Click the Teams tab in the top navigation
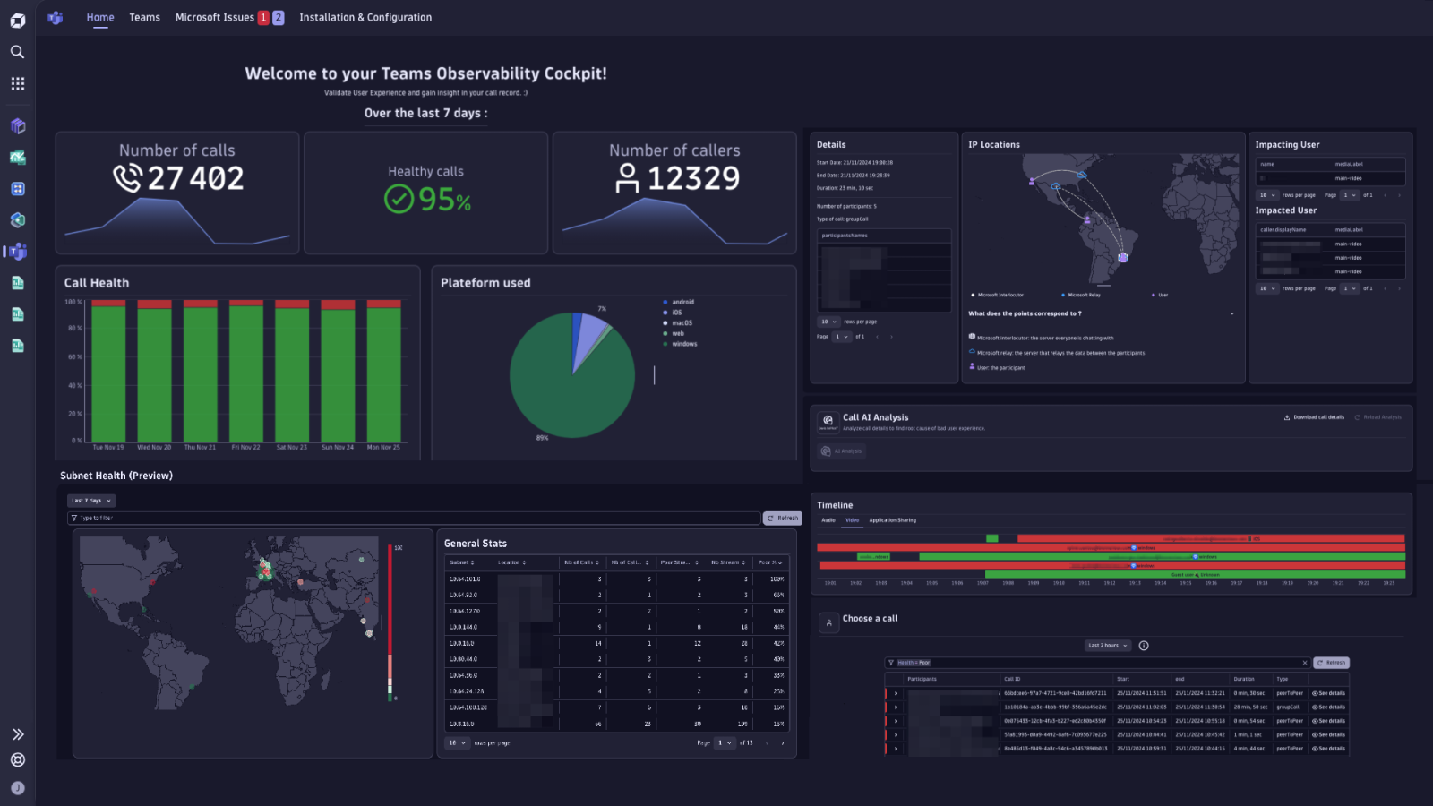click(x=144, y=17)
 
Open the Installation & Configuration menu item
click(x=365, y=17)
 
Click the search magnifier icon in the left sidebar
click(x=17, y=52)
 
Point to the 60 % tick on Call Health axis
click(x=73, y=356)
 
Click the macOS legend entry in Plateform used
click(x=682, y=323)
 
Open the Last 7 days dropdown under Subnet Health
click(x=91, y=501)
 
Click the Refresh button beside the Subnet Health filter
click(x=782, y=518)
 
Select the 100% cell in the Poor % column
click(x=777, y=579)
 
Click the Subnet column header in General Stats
click(x=462, y=562)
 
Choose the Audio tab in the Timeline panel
click(x=828, y=520)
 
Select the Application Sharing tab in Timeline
click(x=892, y=520)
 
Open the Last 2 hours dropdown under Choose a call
click(x=1108, y=646)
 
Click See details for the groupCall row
click(x=1329, y=707)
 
